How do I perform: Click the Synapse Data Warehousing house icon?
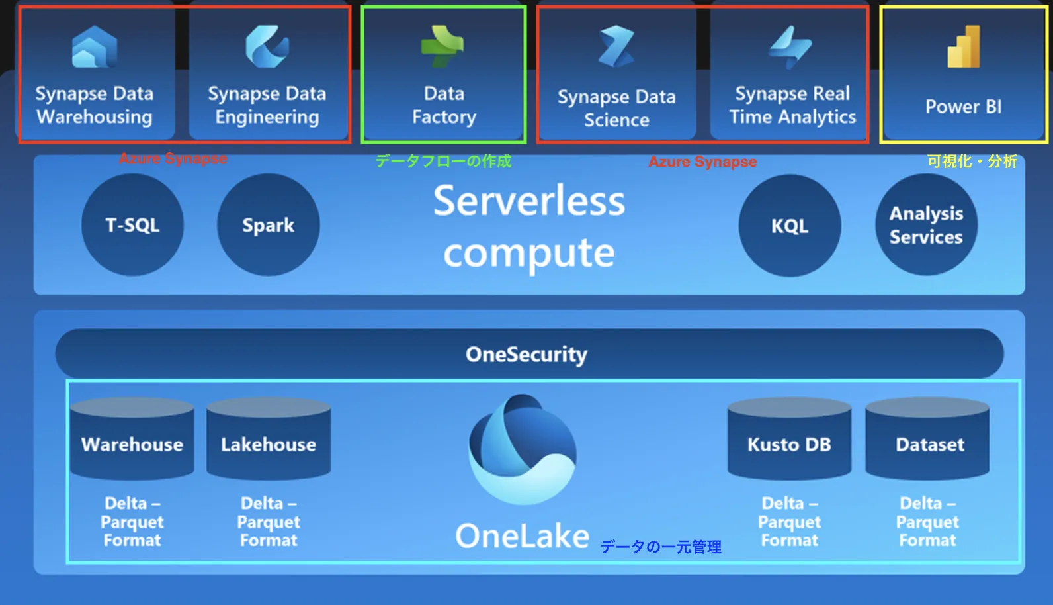tap(94, 47)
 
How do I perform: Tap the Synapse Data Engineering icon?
tap(267, 46)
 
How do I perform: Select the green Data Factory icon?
tap(442, 47)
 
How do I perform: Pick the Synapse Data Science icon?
tap(616, 47)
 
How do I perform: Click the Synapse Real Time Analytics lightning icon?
tap(790, 47)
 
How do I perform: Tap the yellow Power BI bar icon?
tap(964, 46)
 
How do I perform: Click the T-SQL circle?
tap(132, 225)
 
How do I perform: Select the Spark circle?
tap(269, 225)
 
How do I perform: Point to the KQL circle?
tap(790, 226)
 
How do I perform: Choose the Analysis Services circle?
tap(926, 225)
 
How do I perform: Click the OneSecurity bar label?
tap(526, 353)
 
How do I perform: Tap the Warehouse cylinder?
tap(132, 438)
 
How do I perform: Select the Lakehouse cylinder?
tap(269, 438)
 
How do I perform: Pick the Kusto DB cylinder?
tap(789, 438)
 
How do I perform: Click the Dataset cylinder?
tap(927, 438)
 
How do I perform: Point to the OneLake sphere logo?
tap(523, 449)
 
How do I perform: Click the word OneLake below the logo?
tap(523, 536)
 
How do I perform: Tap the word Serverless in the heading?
tap(529, 201)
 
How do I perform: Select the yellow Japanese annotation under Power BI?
tap(972, 162)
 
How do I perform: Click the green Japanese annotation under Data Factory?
tap(443, 162)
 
